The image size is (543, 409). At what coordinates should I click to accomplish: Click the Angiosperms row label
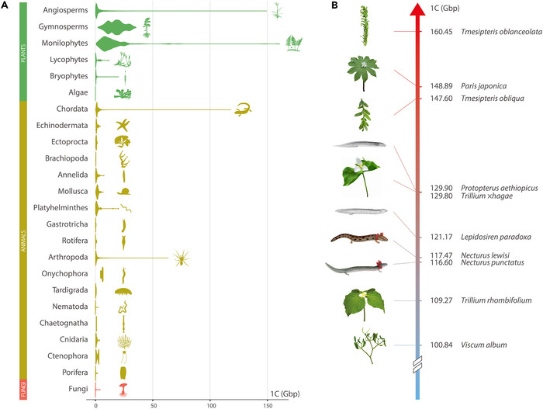tap(65, 10)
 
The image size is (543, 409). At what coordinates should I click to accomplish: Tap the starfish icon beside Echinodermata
tap(123, 125)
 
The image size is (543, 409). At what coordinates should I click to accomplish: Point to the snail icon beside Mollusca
tap(123, 191)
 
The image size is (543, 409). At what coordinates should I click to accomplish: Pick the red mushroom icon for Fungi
tap(123, 390)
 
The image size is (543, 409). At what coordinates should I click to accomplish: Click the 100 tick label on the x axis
tap(211, 406)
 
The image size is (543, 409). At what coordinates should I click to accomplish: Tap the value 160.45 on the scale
tap(441, 32)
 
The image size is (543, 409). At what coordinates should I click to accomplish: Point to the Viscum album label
tap(483, 345)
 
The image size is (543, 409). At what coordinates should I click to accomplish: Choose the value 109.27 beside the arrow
tap(441, 300)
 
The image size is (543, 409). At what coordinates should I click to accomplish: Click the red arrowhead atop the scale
tap(417, 9)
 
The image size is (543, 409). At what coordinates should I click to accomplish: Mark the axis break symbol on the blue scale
tap(417, 365)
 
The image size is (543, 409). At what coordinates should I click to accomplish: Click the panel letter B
tap(334, 5)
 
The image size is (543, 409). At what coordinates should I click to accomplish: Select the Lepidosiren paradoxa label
tap(496, 237)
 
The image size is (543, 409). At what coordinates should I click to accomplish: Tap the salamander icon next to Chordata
tap(243, 109)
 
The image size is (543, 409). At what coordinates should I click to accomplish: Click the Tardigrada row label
tap(70, 290)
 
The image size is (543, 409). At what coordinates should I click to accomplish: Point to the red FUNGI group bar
tap(23, 390)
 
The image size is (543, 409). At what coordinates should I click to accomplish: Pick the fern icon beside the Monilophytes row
tap(294, 43)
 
